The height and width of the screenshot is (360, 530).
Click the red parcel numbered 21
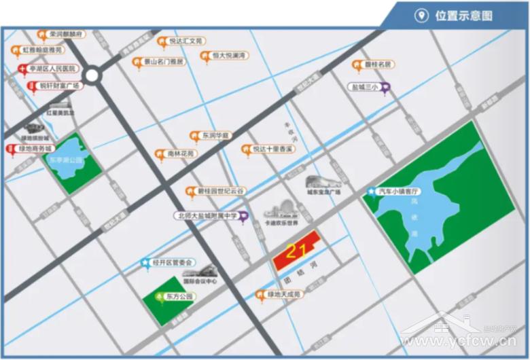coord(296,253)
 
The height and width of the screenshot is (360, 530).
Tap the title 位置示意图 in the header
coord(463,16)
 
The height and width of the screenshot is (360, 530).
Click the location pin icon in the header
coord(422,16)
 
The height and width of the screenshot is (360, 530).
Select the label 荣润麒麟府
coord(65,34)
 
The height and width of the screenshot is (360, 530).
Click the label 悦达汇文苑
coord(185,41)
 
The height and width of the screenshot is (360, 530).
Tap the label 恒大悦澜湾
coord(228,55)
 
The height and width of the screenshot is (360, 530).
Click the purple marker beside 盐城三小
coord(385,87)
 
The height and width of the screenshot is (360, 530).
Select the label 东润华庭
coord(217,135)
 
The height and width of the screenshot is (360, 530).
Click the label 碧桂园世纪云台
coord(221,192)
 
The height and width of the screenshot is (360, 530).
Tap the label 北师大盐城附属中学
coord(207,216)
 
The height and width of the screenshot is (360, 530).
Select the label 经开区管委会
coord(172,262)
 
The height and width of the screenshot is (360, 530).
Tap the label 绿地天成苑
coord(283,294)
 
